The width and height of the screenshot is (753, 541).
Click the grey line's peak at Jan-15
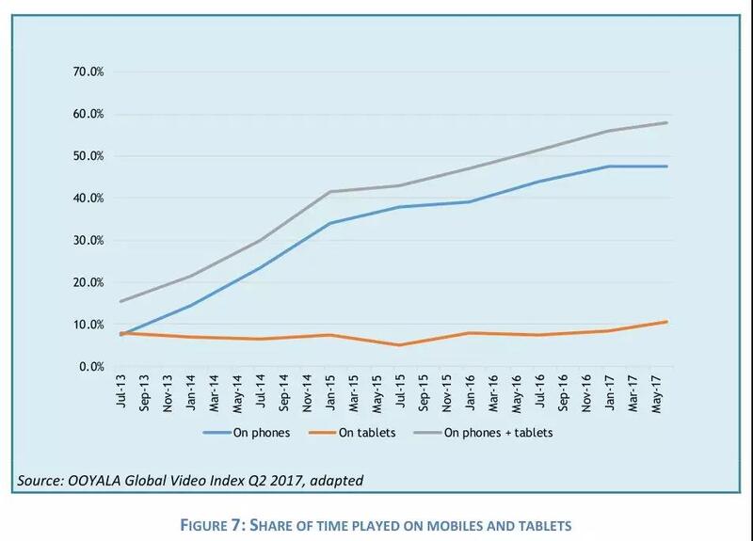click(x=329, y=192)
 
